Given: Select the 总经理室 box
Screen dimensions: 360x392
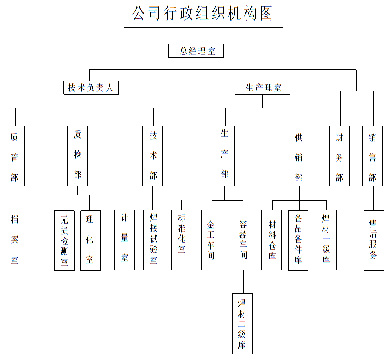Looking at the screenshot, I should click(x=195, y=51).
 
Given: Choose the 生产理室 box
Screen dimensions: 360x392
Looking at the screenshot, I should click(x=262, y=88).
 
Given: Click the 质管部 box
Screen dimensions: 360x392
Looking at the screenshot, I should click(x=15, y=156).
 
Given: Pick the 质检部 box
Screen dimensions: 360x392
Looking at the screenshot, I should click(x=77, y=156).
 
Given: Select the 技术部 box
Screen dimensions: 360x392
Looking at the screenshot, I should click(x=153, y=156).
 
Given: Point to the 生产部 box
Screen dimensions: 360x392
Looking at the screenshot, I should click(x=224, y=156).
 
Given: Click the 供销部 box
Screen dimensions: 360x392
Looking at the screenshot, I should click(x=298, y=156).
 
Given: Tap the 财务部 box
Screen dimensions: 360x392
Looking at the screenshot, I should click(x=339, y=156).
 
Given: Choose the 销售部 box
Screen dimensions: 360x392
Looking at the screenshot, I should click(x=373, y=156).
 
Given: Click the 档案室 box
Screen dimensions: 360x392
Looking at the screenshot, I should click(x=15, y=240).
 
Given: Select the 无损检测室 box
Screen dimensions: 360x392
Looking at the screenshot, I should click(x=64, y=240).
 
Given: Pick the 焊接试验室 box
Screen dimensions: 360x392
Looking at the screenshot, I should click(x=154, y=240).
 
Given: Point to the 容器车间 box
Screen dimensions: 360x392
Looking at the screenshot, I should click(x=243, y=240).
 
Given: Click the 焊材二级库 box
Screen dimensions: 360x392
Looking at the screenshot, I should click(x=242, y=323).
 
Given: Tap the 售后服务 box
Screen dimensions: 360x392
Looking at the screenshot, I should click(x=374, y=240).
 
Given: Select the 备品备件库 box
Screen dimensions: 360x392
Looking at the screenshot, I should click(x=298, y=240).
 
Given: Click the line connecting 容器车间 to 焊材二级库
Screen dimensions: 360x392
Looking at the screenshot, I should click(x=243, y=282).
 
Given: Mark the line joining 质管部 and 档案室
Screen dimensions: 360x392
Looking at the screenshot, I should click(x=15, y=198).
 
